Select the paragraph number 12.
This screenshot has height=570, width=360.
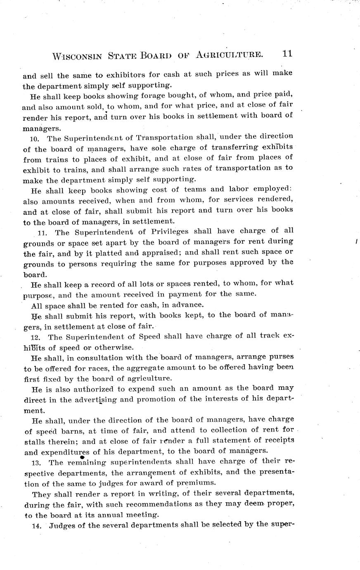tap(35, 337)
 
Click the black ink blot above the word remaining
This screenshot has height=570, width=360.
tap(82, 457)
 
